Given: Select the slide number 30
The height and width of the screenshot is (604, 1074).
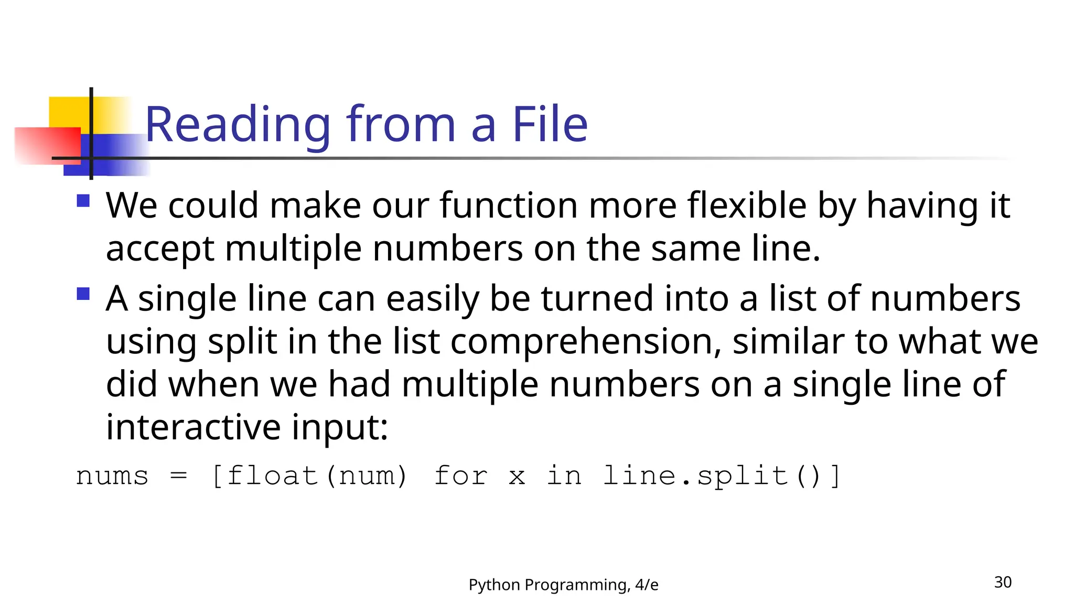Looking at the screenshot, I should (x=1003, y=583).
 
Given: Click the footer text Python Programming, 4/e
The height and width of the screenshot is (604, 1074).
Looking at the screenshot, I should (x=563, y=585).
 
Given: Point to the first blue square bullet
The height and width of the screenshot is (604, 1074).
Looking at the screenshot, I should (x=83, y=201).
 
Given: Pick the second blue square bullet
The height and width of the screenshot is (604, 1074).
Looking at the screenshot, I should (x=83, y=294).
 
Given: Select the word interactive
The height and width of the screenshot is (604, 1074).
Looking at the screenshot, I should (x=193, y=427).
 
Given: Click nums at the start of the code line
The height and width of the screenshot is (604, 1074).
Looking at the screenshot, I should (x=112, y=476).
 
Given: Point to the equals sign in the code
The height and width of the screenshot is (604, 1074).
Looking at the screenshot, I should (x=179, y=476).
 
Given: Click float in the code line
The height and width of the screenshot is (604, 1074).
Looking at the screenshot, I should (x=273, y=476).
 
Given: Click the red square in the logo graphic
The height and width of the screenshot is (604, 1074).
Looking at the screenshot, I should (x=47, y=146).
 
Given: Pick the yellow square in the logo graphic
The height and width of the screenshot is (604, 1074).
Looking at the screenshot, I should (x=70, y=111).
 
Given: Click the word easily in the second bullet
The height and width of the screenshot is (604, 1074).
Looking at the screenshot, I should (x=433, y=299).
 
